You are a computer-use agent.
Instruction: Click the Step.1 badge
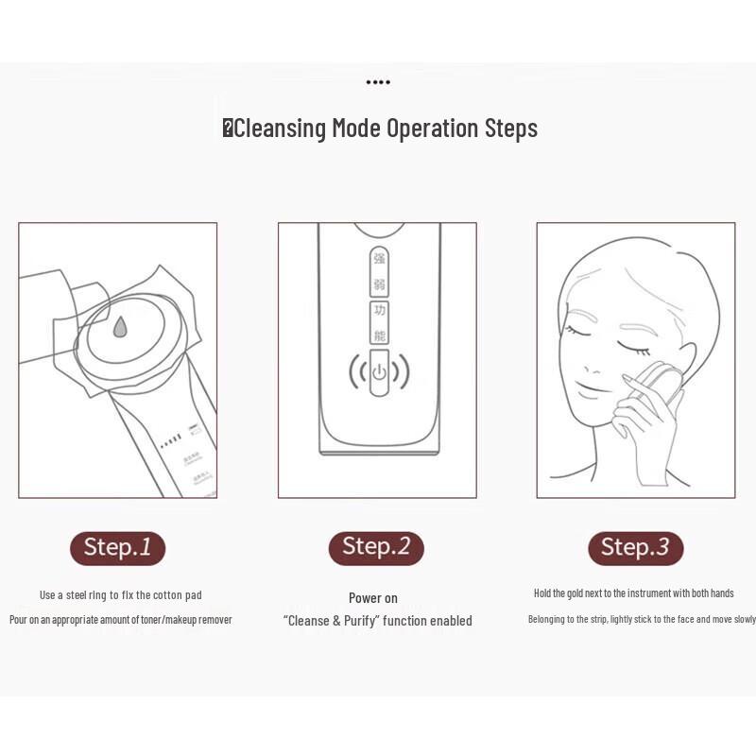click(117, 547)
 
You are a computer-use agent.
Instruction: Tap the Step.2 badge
click(376, 547)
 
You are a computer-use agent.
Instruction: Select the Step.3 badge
click(635, 547)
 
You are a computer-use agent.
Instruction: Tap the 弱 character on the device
click(379, 283)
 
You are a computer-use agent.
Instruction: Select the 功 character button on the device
click(379, 311)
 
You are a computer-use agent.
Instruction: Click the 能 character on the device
click(379, 335)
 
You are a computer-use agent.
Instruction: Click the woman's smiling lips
click(592, 387)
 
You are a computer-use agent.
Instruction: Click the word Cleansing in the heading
click(280, 129)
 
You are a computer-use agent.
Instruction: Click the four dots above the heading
click(378, 82)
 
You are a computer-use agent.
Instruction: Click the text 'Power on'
click(373, 598)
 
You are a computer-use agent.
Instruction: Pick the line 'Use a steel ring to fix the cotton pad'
click(120, 595)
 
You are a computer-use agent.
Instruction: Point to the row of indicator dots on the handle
click(170, 440)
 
